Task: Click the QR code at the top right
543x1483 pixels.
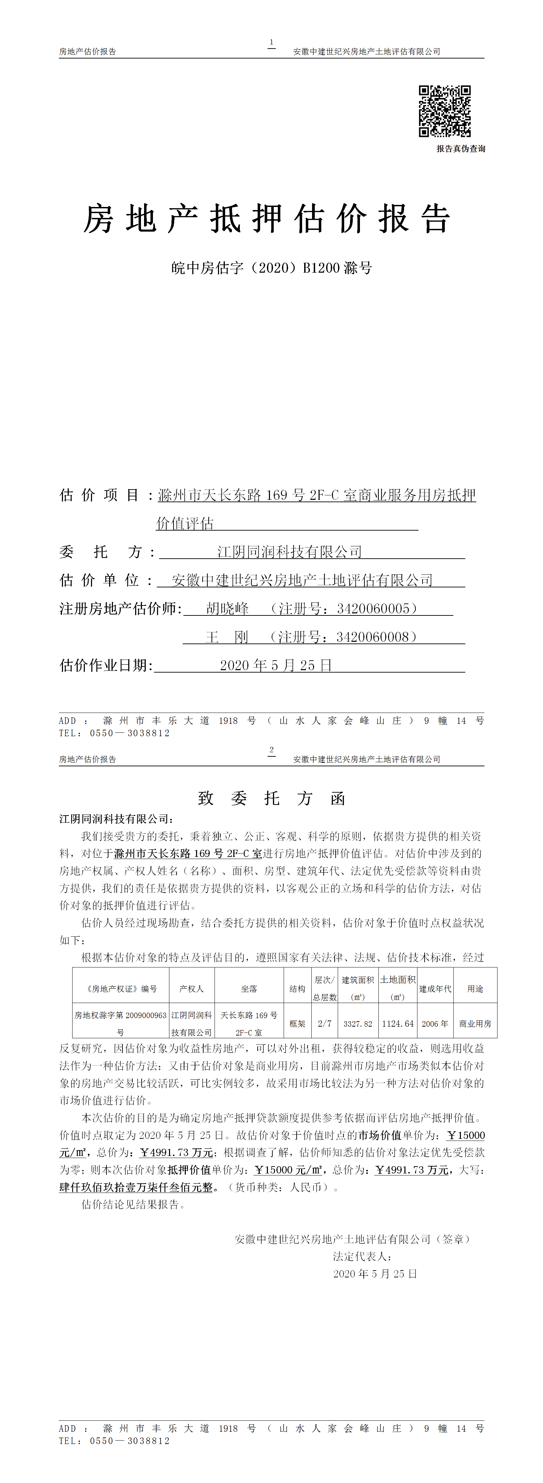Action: [x=444, y=111]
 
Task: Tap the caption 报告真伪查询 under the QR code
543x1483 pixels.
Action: [x=460, y=148]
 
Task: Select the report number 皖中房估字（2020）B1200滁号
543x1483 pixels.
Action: [x=271, y=268]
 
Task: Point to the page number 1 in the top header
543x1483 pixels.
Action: [x=271, y=42]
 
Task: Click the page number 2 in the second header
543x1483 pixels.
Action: [x=271, y=750]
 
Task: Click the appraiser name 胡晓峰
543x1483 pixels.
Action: [x=228, y=609]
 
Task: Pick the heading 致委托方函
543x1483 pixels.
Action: [x=271, y=798]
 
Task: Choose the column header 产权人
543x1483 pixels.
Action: [x=191, y=988]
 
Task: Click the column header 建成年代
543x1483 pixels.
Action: [x=435, y=988]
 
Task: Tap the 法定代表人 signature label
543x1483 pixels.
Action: [x=363, y=1256]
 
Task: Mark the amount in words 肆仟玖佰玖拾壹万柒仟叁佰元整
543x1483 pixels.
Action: [x=136, y=1187]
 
